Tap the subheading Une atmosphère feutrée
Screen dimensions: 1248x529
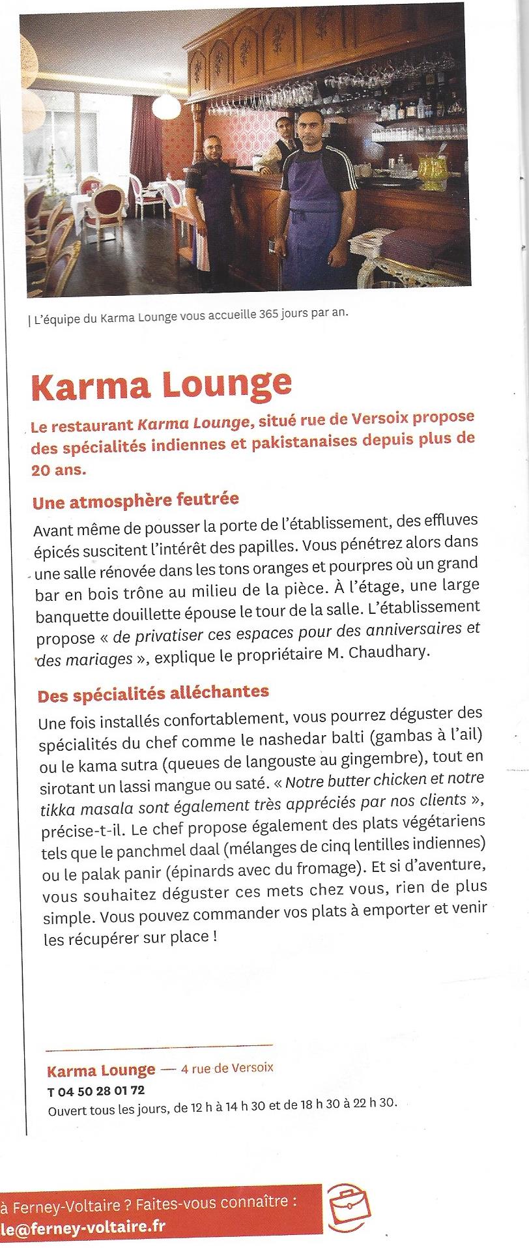click(x=136, y=501)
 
